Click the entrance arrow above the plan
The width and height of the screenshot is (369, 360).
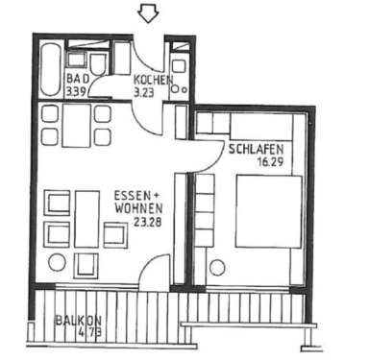[147, 13]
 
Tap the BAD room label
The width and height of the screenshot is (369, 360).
[78, 80]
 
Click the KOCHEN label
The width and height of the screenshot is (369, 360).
[153, 80]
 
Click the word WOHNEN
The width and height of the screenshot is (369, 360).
[135, 204]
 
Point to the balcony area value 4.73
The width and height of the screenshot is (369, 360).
[90, 333]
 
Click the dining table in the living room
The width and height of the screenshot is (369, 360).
[76, 125]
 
